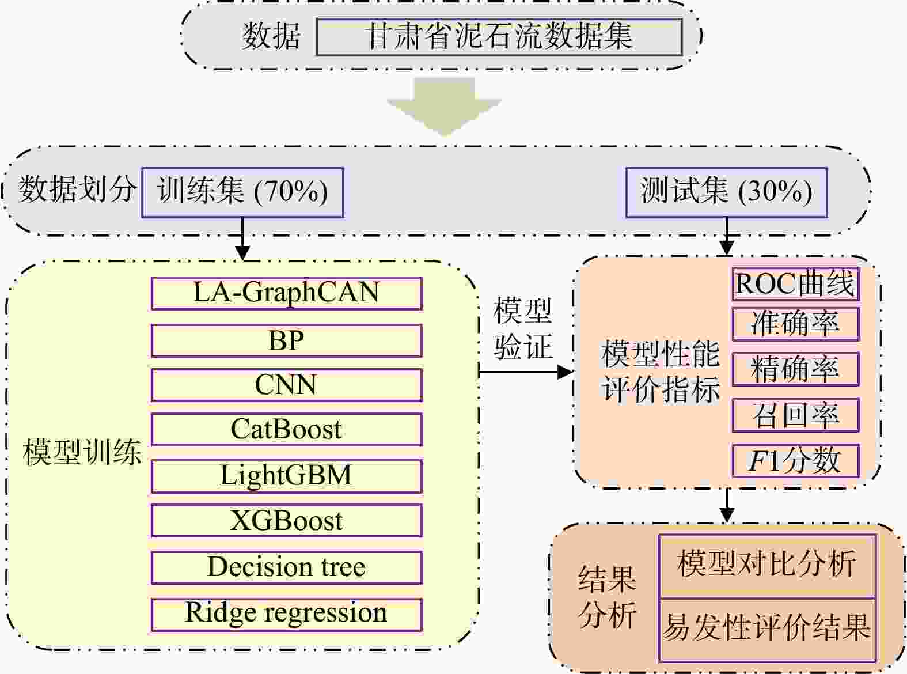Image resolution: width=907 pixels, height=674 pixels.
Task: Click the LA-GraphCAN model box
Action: tap(286, 293)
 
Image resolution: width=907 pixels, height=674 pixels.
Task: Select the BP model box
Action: tap(286, 340)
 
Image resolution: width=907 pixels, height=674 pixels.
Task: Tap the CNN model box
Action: tap(286, 385)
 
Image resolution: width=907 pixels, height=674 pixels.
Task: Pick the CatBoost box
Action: tap(286, 430)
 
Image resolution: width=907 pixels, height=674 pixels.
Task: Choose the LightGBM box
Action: tap(286, 476)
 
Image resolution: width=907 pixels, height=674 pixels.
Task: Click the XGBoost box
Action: tap(286, 521)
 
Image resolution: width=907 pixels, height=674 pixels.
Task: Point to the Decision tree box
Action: tap(286, 567)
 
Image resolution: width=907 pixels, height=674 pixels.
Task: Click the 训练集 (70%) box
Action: tap(242, 192)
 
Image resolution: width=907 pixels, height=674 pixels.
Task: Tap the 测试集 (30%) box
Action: tap(726, 192)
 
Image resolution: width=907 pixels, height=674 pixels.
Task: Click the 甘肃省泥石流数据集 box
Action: tap(499, 37)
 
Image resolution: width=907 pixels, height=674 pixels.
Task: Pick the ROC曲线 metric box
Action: tap(795, 284)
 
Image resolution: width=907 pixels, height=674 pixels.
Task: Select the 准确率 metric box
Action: tap(795, 324)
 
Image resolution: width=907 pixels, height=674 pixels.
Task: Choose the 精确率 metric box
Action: tap(795, 369)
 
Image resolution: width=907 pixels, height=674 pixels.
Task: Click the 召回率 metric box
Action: tap(795, 415)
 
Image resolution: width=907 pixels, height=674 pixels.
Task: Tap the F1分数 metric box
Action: tap(795, 460)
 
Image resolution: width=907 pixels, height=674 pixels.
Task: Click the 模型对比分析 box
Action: tap(767, 565)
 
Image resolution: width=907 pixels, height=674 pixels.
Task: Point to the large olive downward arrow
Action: tap(445, 107)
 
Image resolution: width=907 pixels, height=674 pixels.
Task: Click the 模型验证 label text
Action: tap(522, 329)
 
